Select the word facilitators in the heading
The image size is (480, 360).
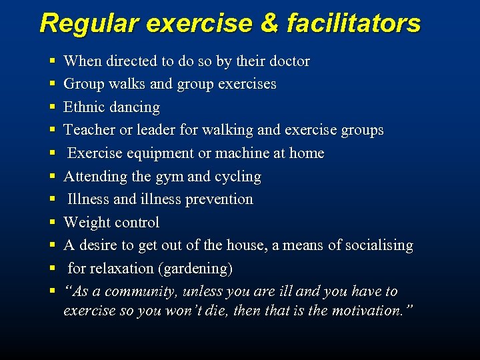point(354,23)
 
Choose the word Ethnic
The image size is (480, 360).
point(83,107)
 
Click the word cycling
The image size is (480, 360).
point(237,177)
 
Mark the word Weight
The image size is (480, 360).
point(86,223)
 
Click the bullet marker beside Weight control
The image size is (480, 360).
point(52,223)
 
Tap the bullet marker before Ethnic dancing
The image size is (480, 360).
point(52,107)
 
